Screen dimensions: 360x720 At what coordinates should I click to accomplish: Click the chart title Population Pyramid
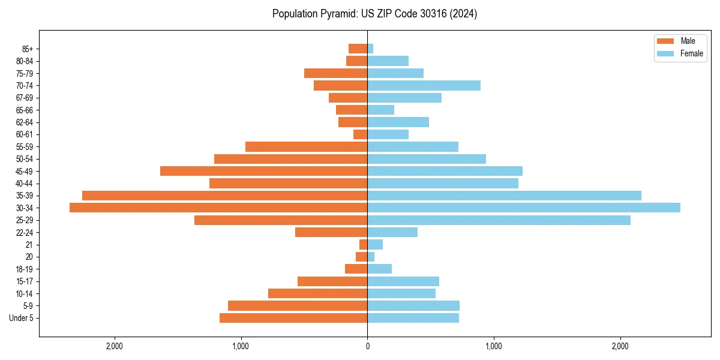pos(374,14)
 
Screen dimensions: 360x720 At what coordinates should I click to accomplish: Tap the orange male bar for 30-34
pos(218,208)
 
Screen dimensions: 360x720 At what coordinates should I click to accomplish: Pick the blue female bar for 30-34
pos(523,208)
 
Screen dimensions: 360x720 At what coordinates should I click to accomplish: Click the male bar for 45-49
pos(263,171)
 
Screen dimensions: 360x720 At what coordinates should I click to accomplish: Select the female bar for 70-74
pos(424,85)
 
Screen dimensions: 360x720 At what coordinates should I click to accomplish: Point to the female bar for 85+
pos(370,49)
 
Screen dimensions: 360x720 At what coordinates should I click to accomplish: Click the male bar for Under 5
pos(293,318)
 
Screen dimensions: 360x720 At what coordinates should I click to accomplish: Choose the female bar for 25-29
pos(499,220)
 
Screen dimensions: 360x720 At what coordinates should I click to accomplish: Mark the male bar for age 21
pos(364,245)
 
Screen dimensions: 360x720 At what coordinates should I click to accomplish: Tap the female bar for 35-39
pos(504,196)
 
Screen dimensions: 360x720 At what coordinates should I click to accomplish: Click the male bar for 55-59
pos(306,146)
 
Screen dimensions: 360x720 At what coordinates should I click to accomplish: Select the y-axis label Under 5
pos(21,318)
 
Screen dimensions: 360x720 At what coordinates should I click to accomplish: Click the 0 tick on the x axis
pos(367,346)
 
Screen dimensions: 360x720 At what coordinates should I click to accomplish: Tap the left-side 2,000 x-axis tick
pos(114,346)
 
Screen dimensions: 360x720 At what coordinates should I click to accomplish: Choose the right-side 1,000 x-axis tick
pos(494,346)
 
